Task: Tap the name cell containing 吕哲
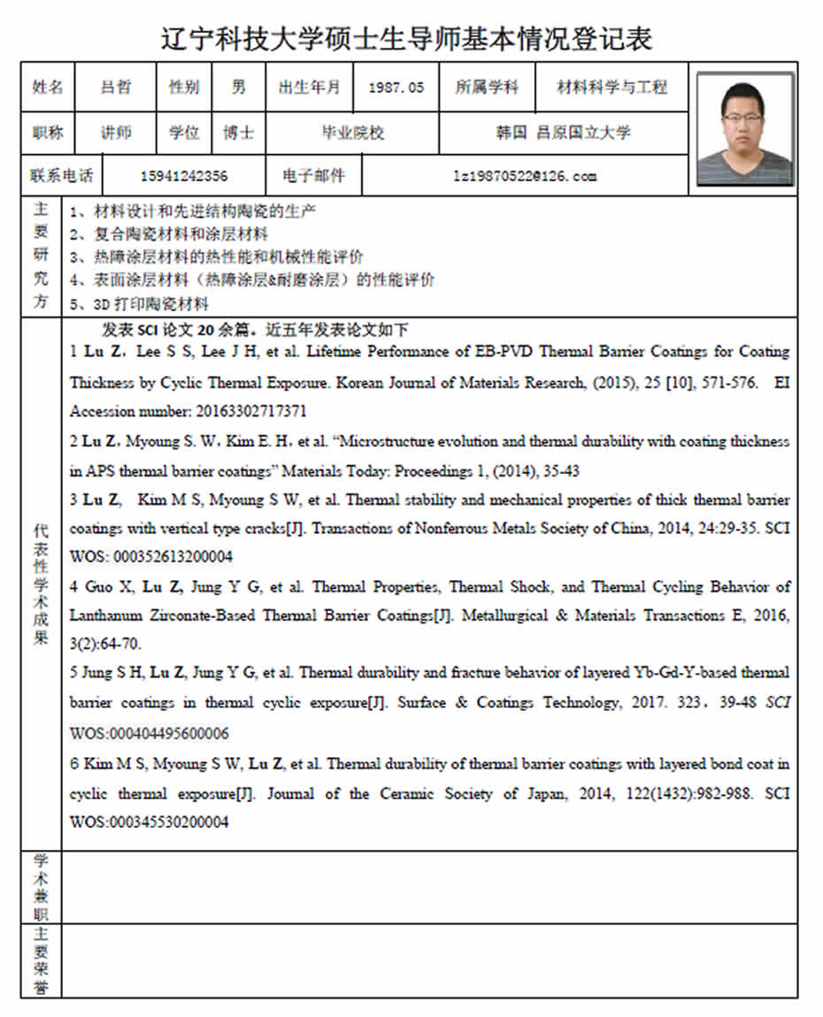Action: tap(116, 88)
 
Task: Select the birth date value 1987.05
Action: tap(396, 88)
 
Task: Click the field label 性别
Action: tap(184, 88)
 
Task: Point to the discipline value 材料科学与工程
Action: tap(611, 88)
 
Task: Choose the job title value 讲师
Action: tap(116, 133)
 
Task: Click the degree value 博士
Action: tap(238, 133)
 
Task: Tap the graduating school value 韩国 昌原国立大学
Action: tap(564, 133)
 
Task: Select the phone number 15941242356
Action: tap(183, 176)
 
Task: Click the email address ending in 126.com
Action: tap(525, 176)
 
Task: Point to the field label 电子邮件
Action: tap(313, 176)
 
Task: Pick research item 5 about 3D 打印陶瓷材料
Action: tap(139, 304)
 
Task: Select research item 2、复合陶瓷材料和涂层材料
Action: tap(168, 234)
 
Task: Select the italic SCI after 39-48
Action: tap(777, 703)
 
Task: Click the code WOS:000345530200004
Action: tap(150, 822)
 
